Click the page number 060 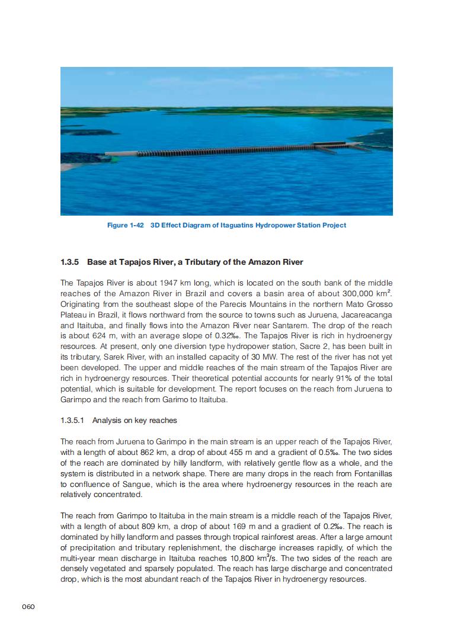click(29, 607)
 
